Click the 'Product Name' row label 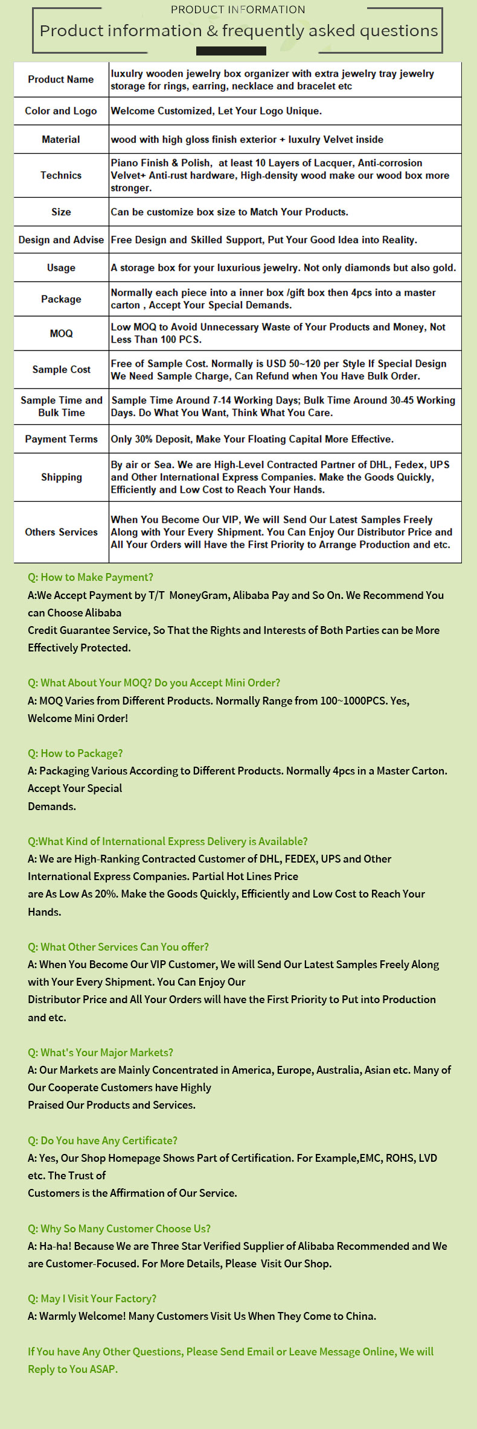[x=61, y=80]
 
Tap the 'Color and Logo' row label [x=61, y=111]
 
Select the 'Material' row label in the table [x=61, y=139]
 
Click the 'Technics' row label [x=61, y=176]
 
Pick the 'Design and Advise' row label [x=61, y=239]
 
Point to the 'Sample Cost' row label [x=61, y=369]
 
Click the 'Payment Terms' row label [x=61, y=439]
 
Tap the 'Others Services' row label [x=61, y=532]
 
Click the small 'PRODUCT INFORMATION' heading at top [x=238, y=10]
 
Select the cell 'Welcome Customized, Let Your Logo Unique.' [x=216, y=111]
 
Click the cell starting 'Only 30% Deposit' [x=252, y=439]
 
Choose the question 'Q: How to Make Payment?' [x=91, y=577]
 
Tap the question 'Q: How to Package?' [x=75, y=753]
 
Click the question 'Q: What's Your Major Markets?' [x=100, y=1053]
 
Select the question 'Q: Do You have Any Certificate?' [x=103, y=1141]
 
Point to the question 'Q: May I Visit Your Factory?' [x=92, y=1299]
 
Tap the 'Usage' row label [x=61, y=268]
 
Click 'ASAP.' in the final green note [x=103, y=1369]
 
